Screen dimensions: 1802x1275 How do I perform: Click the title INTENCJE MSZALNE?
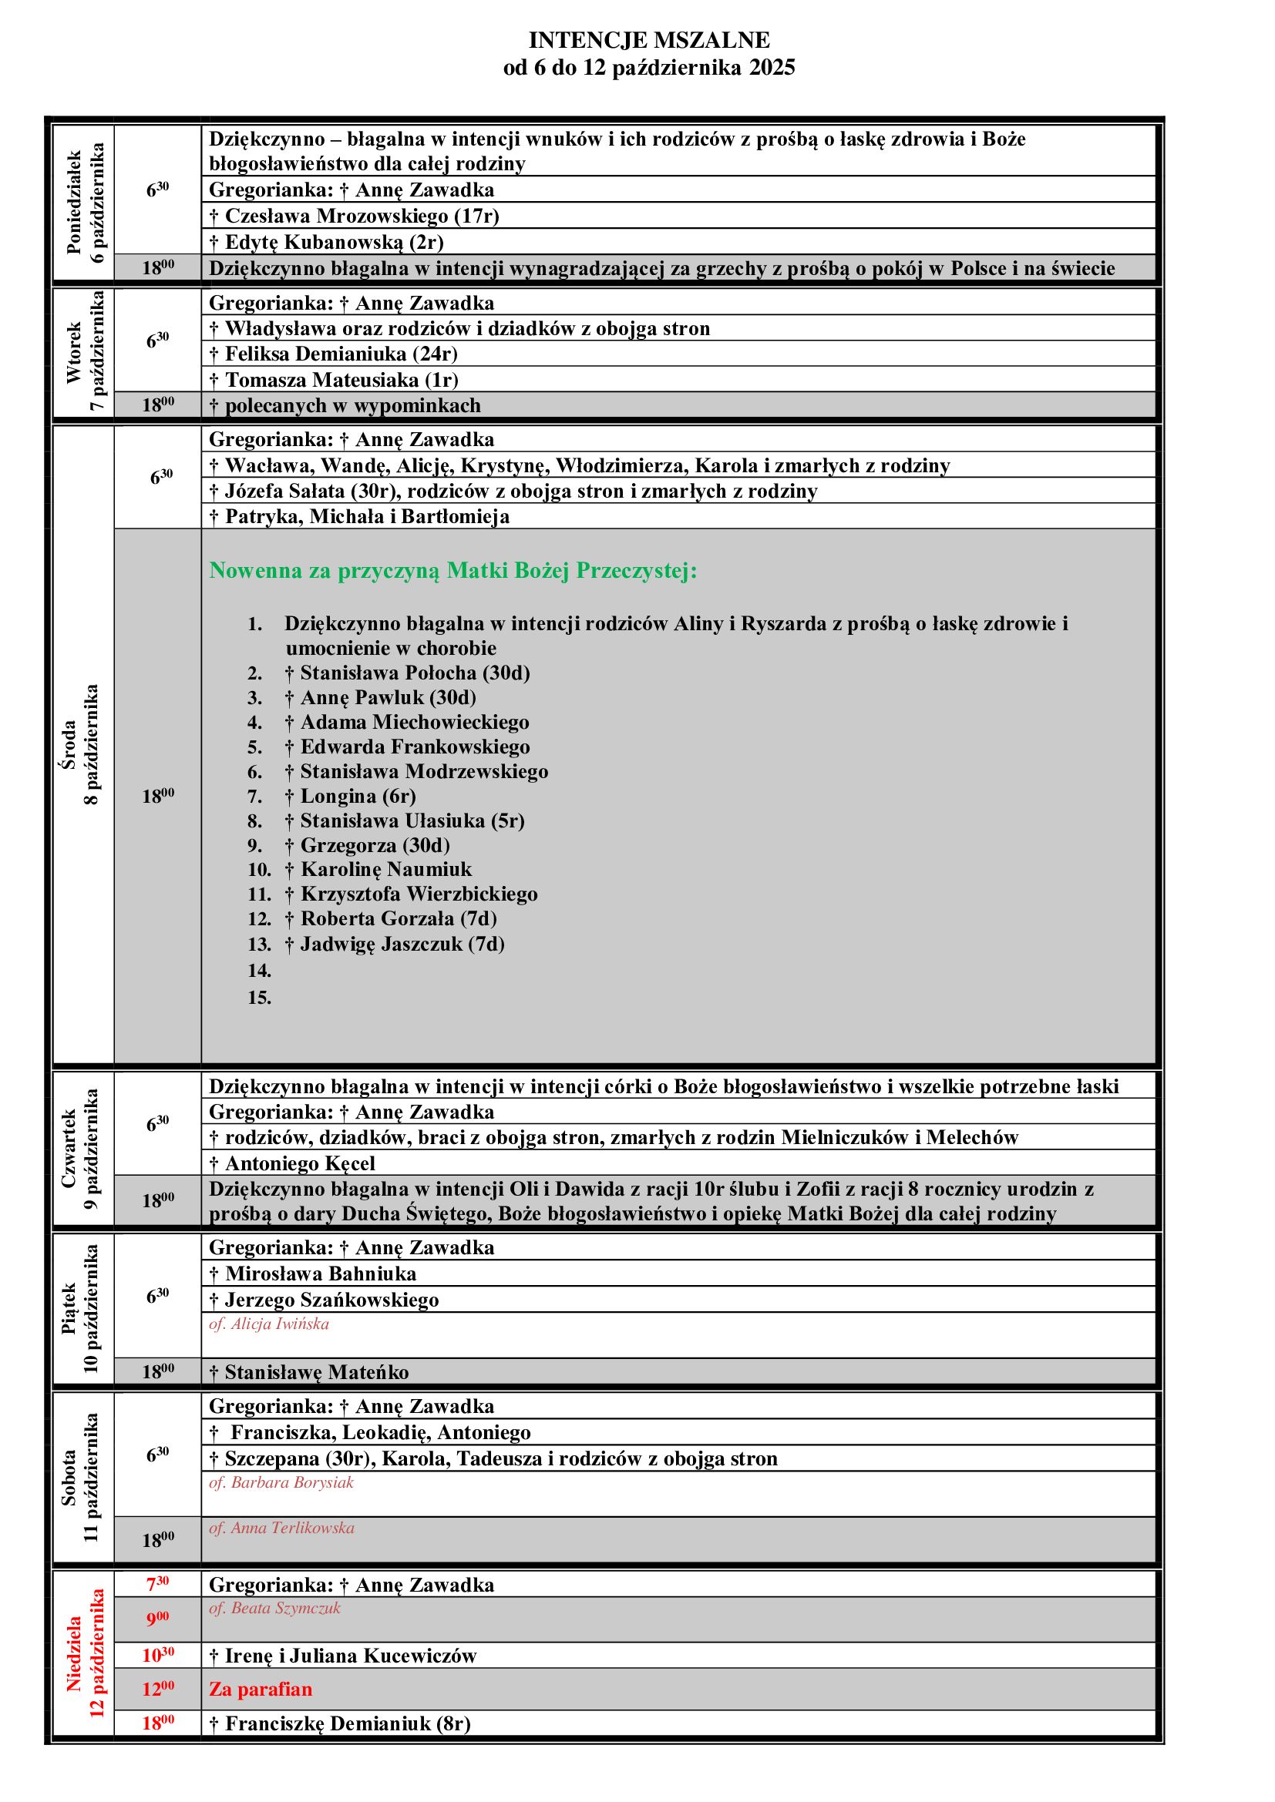[x=648, y=40]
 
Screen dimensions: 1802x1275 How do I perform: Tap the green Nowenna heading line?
[x=453, y=571]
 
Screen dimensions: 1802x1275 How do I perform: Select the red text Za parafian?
[x=260, y=1689]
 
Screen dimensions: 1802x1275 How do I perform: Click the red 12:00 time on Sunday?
[x=158, y=1689]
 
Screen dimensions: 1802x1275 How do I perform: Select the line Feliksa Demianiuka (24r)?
[x=334, y=354]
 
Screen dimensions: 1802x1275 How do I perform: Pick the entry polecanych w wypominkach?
[x=345, y=406]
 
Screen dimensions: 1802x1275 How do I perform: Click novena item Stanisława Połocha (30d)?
[x=408, y=673]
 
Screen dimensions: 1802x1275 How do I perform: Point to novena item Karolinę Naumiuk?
[x=378, y=869]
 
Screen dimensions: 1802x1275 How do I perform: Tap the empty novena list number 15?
[x=259, y=998]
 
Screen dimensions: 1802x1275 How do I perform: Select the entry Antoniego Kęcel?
[x=292, y=1163]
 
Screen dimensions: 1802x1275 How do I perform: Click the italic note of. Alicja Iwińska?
[x=268, y=1324]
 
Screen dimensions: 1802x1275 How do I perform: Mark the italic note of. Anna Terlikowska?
[x=281, y=1528]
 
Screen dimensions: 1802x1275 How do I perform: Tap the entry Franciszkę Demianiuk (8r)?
[x=340, y=1723]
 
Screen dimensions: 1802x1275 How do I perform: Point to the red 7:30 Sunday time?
[x=158, y=1585]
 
